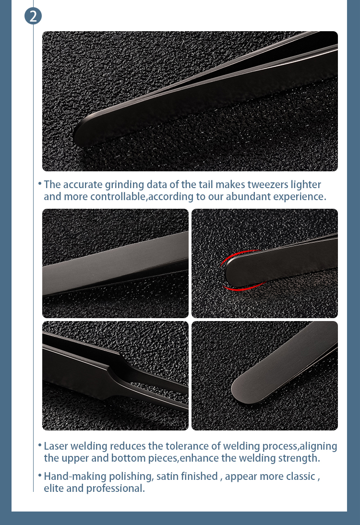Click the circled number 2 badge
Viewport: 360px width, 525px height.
coord(33,16)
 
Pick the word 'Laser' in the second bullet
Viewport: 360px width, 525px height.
coord(57,446)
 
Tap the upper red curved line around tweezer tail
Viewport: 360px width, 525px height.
coord(235,255)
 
